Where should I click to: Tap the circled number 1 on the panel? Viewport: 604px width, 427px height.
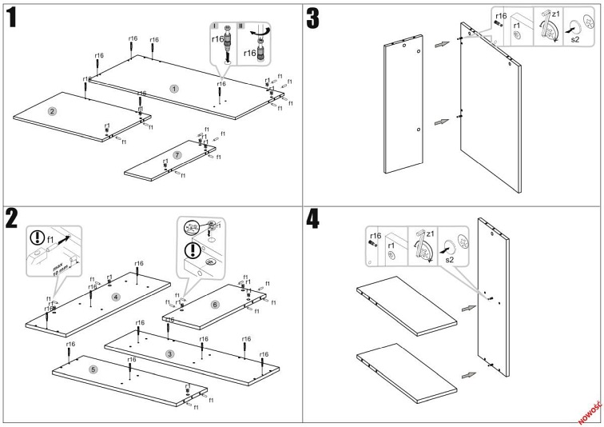[x=173, y=88]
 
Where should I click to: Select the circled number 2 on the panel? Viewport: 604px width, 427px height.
[x=52, y=110]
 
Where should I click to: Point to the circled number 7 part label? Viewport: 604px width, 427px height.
[x=177, y=154]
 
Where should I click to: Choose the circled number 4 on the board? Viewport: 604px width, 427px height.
[x=116, y=297]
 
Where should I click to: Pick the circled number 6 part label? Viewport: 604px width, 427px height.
[x=215, y=305]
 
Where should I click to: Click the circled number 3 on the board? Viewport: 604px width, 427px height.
[x=169, y=353]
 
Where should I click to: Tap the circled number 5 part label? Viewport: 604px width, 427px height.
[x=93, y=369]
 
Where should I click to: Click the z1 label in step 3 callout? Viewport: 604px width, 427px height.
[x=557, y=14]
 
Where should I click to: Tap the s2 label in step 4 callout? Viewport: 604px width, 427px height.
[x=449, y=261]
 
